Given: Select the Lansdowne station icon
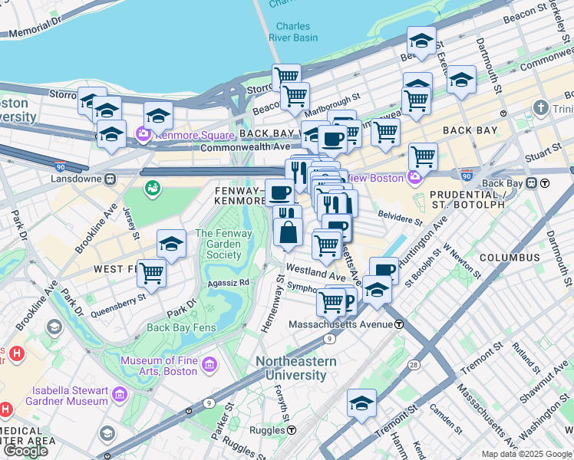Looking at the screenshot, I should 110,179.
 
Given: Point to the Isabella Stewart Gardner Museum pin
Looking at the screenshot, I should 120,395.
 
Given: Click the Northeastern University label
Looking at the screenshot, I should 296,368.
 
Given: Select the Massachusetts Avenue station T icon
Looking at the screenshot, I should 399,324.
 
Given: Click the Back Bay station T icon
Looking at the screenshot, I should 544,183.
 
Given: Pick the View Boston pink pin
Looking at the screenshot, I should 415,178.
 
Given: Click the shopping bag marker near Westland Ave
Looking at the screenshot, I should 288,232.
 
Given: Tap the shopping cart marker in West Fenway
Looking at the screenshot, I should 152,272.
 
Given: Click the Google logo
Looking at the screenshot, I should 25,451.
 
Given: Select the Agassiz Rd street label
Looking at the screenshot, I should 229,283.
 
